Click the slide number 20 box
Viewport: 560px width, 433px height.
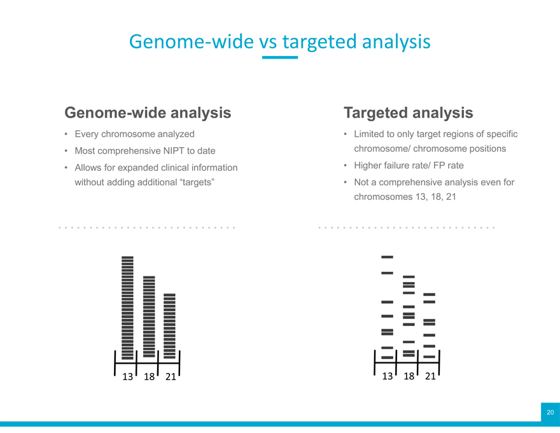click(550, 412)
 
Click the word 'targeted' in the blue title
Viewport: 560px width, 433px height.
click(319, 42)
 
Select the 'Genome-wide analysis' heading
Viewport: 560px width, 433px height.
click(148, 113)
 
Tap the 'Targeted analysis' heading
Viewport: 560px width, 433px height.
click(408, 113)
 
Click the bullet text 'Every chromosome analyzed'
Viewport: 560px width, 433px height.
click(135, 134)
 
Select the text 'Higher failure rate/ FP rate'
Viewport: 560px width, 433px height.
click(409, 166)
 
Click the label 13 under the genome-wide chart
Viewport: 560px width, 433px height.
click(127, 376)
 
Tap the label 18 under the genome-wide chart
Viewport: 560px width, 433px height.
click(149, 376)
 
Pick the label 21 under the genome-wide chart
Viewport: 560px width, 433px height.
click(171, 376)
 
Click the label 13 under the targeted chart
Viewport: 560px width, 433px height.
click(387, 376)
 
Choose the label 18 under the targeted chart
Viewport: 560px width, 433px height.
click(409, 376)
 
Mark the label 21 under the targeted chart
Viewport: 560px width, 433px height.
click(430, 376)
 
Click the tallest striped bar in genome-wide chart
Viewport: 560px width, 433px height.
click(127, 308)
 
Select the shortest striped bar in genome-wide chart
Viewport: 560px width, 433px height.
click(170, 326)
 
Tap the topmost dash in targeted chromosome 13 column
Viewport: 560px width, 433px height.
click(387, 257)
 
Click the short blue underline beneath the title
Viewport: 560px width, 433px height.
click(280, 57)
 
